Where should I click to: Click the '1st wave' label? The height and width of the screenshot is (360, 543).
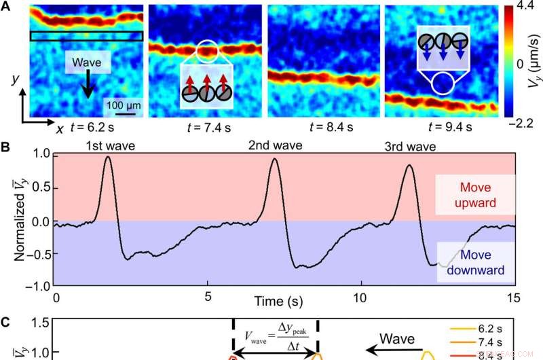pos(105,145)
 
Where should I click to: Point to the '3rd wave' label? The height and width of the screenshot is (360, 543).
pos(409,145)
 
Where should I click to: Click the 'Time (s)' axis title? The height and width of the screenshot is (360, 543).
pos(282,300)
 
